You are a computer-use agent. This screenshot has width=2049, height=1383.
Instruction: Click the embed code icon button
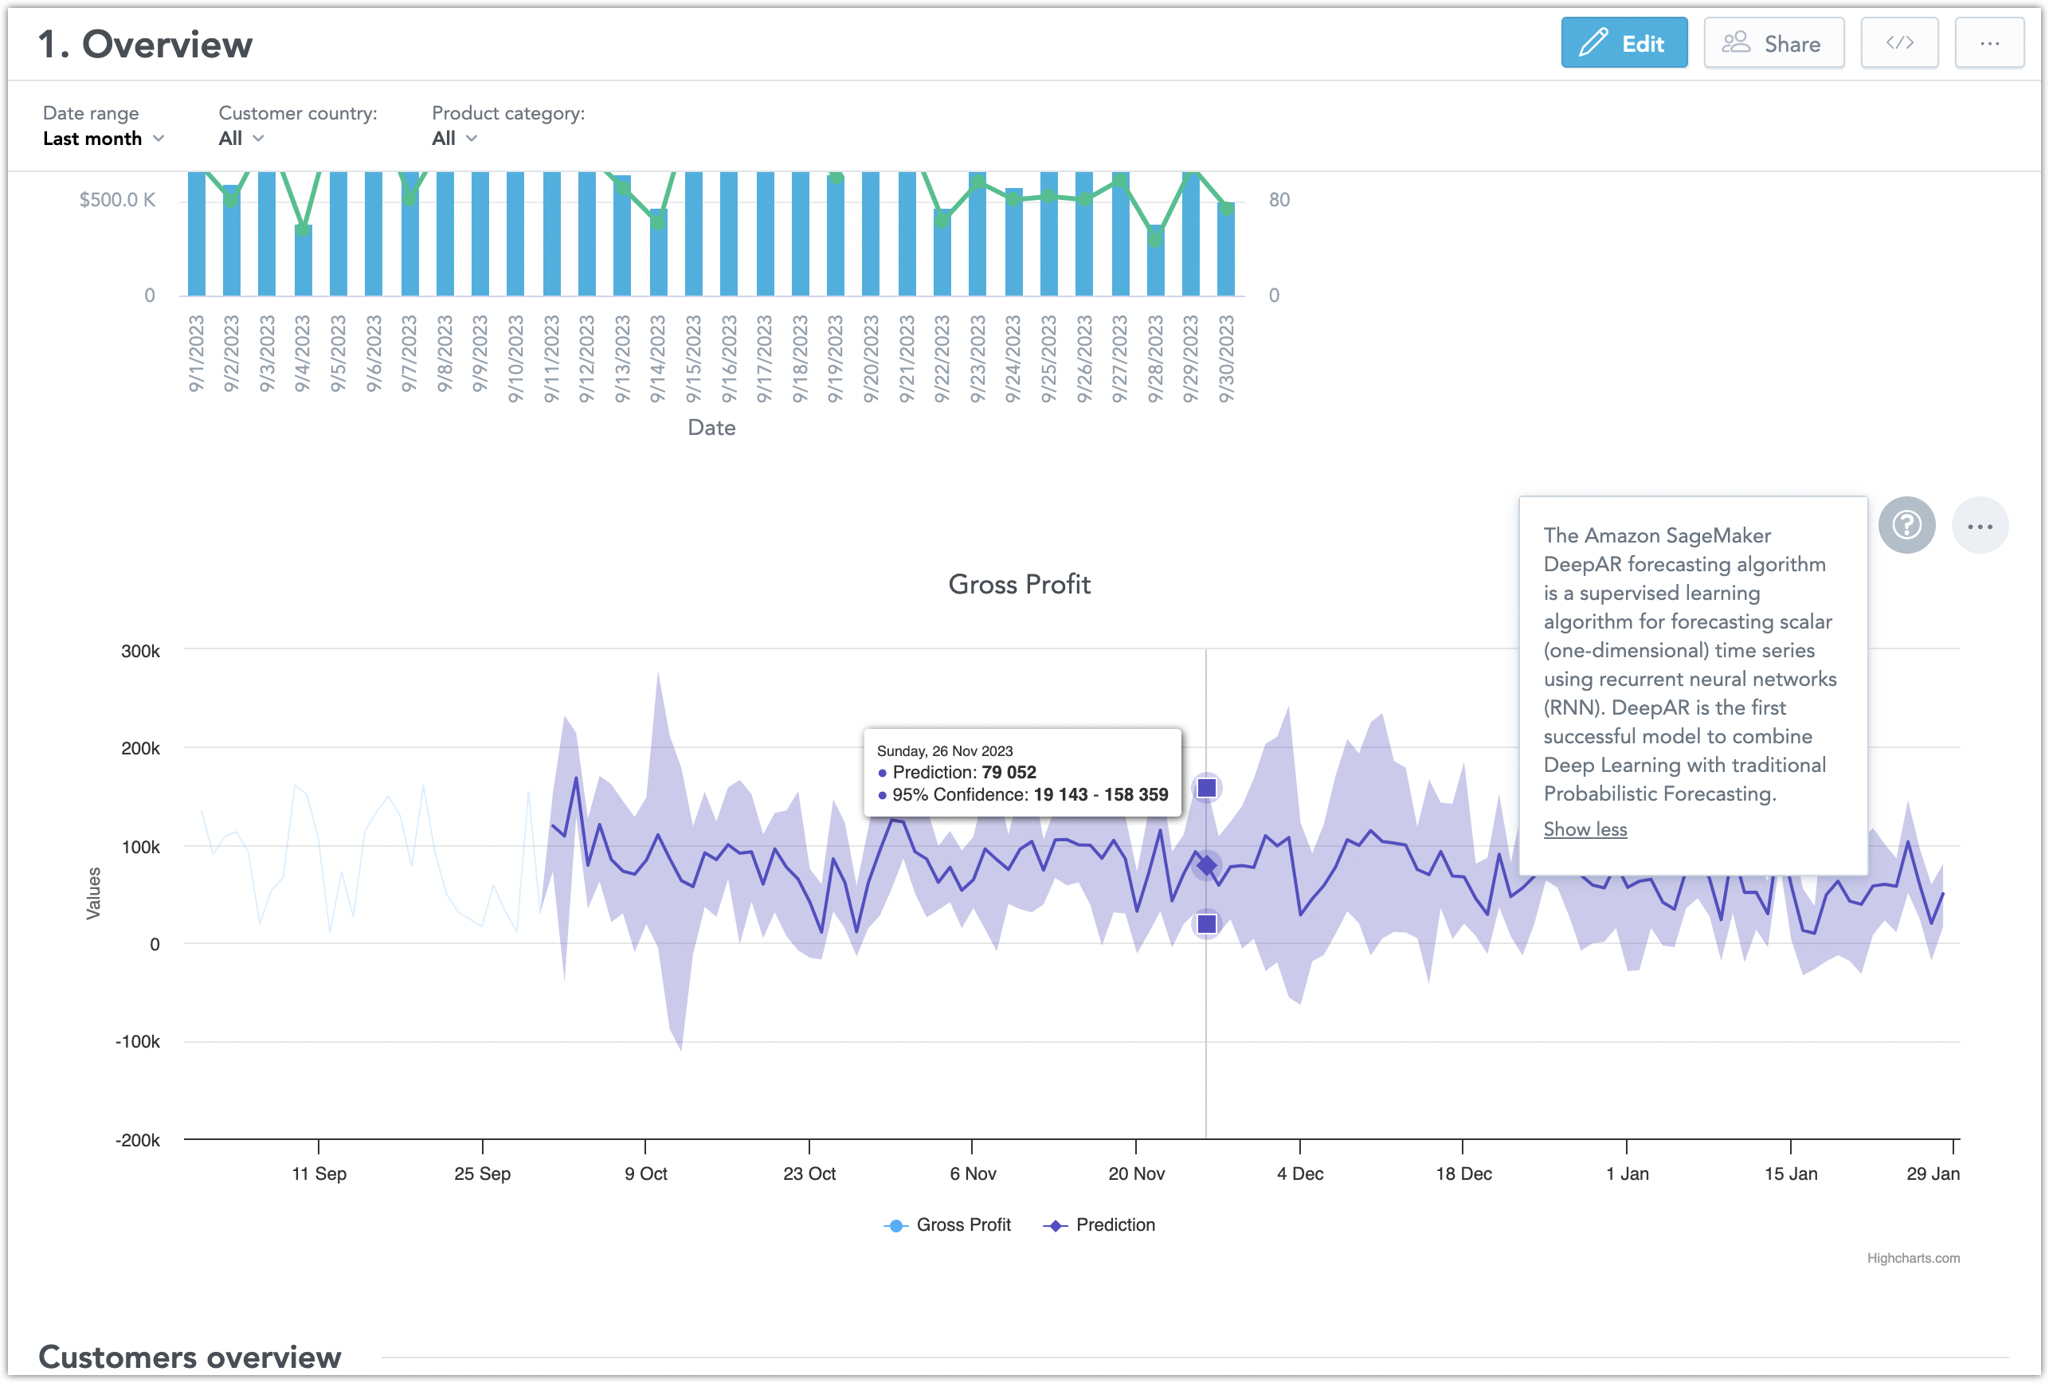click(1898, 43)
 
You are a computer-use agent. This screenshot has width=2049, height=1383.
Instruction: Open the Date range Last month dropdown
click(103, 139)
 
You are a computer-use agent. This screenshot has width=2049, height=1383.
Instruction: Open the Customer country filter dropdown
click(241, 139)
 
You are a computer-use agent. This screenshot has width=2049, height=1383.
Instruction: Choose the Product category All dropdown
click(453, 139)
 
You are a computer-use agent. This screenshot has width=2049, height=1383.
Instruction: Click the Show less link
click(1585, 829)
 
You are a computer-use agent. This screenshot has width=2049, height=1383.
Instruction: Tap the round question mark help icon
click(1906, 525)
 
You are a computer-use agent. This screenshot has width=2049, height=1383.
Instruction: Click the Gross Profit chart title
click(1018, 585)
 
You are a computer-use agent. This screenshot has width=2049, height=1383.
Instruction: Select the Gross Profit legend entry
click(948, 1224)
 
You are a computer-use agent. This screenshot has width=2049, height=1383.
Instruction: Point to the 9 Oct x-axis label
click(645, 1173)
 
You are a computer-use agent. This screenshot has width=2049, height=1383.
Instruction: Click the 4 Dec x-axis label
click(1299, 1173)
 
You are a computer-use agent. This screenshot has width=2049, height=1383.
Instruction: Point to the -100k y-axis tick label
click(138, 1041)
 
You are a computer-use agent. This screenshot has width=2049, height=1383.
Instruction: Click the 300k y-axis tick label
click(140, 652)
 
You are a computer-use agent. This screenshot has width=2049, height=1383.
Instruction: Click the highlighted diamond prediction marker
click(1206, 866)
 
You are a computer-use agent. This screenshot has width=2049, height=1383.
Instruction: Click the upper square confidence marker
click(1206, 788)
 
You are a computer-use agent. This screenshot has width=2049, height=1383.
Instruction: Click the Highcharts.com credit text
click(1912, 1258)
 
